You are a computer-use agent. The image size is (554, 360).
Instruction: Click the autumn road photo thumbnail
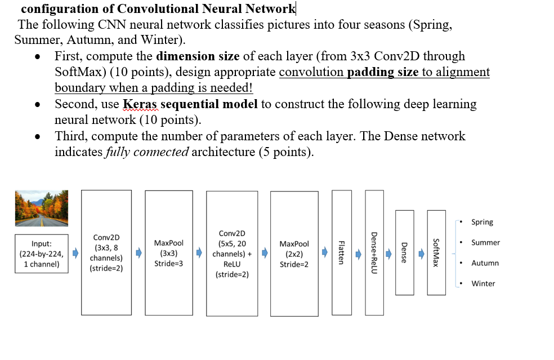[42, 207]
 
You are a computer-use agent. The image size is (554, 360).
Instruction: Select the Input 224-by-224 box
[42, 254]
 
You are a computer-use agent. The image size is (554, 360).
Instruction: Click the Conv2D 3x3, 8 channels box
[106, 252]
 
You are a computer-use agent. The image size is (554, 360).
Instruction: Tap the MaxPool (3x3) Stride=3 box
[168, 252]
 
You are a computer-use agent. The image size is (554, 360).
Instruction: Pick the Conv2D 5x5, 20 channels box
[232, 252]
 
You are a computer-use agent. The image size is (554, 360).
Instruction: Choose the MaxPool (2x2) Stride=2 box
[294, 252]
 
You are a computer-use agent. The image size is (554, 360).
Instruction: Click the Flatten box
[341, 252]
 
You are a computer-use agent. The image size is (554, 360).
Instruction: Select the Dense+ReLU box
[374, 252]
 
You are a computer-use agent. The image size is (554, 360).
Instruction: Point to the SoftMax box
[436, 252]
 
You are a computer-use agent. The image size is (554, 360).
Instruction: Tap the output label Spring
[482, 222]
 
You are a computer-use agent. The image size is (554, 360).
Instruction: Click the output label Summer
[485, 242]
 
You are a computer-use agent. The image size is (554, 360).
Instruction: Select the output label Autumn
[485, 263]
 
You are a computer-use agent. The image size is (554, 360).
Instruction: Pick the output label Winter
[483, 283]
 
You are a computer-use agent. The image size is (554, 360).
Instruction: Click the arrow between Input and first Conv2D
[75, 253]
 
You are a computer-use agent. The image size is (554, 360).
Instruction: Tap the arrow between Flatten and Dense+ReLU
[358, 253]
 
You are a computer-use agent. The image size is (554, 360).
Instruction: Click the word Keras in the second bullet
[140, 104]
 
